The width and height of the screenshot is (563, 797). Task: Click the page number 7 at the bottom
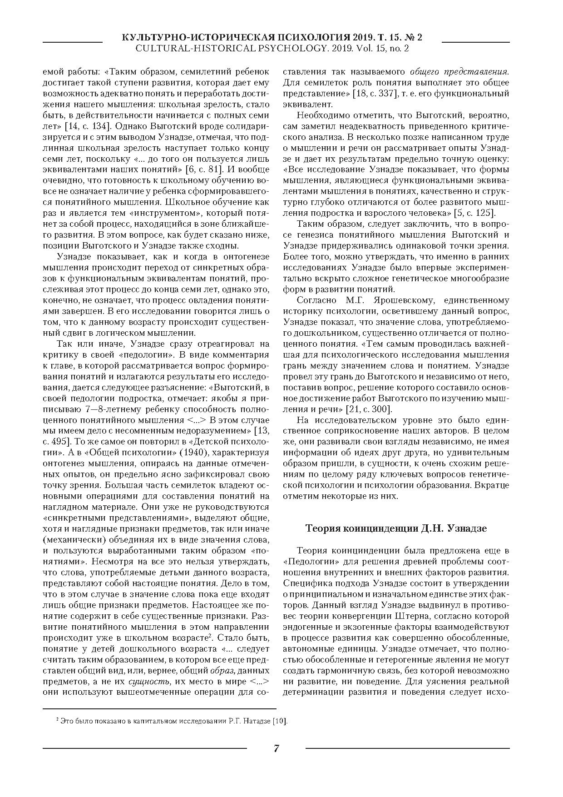276,748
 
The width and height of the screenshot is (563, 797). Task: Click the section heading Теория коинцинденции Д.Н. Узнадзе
396,528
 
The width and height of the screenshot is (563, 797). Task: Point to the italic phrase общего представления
459,72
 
